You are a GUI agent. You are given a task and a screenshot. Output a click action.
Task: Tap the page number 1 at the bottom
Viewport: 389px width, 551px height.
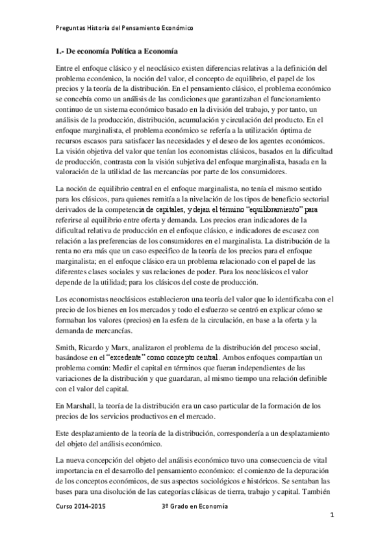click(331, 516)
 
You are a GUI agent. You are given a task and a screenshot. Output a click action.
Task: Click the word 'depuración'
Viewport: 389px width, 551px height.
click(311, 469)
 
